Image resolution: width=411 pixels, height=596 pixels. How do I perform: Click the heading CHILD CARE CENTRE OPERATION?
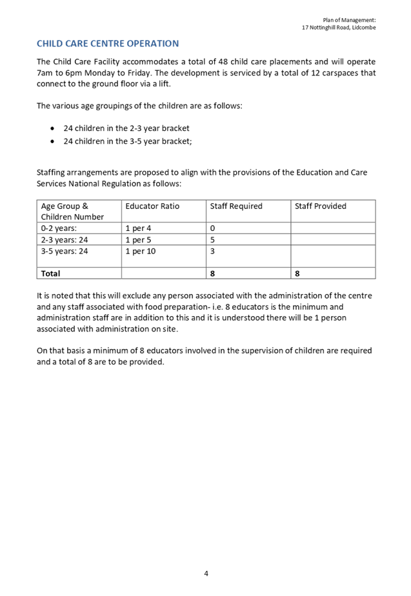[x=108, y=43]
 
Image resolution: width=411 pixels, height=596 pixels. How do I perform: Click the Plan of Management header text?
[x=349, y=21]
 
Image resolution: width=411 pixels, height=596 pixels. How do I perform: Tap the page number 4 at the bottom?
[x=206, y=573]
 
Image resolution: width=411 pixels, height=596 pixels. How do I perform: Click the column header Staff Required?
[x=236, y=206]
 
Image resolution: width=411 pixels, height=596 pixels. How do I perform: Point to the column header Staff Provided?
[x=321, y=206]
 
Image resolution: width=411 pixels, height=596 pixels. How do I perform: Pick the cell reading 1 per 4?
[x=139, y=228]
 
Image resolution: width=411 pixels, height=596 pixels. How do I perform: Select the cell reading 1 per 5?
[x=139, y=240]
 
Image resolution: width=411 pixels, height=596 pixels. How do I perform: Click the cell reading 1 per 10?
[x=141, y=251]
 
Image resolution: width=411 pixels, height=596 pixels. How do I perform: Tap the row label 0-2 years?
[x=58, y=228]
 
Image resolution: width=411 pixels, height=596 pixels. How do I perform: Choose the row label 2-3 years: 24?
[x=64, y=240]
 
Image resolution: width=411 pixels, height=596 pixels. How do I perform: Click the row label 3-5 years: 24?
[x=64, y=251]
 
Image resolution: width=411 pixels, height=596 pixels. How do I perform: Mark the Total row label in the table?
[x=50, y=273]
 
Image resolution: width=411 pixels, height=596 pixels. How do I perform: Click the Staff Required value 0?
[x=213, y=228]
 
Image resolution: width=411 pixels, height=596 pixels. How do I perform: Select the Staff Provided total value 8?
[x=297, y=273]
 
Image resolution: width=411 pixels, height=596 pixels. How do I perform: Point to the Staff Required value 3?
[x=213, y=251]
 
